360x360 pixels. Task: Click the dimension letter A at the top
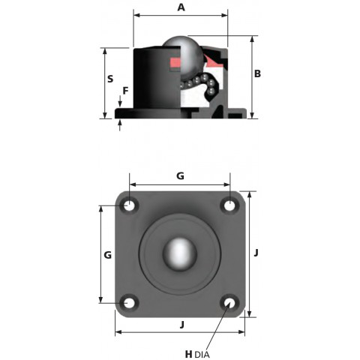[181, 7]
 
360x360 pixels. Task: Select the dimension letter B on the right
[257, 73]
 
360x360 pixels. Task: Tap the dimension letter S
[110, 79]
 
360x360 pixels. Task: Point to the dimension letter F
[125, 91]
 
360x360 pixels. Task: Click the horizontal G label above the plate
[180, 176]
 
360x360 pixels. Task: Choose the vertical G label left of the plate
[108, 255]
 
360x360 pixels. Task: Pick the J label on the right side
[256, 253]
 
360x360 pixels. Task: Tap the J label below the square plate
[182, 325]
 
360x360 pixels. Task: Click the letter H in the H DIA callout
[189, 354]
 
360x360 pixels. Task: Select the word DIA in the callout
[202, 355]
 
